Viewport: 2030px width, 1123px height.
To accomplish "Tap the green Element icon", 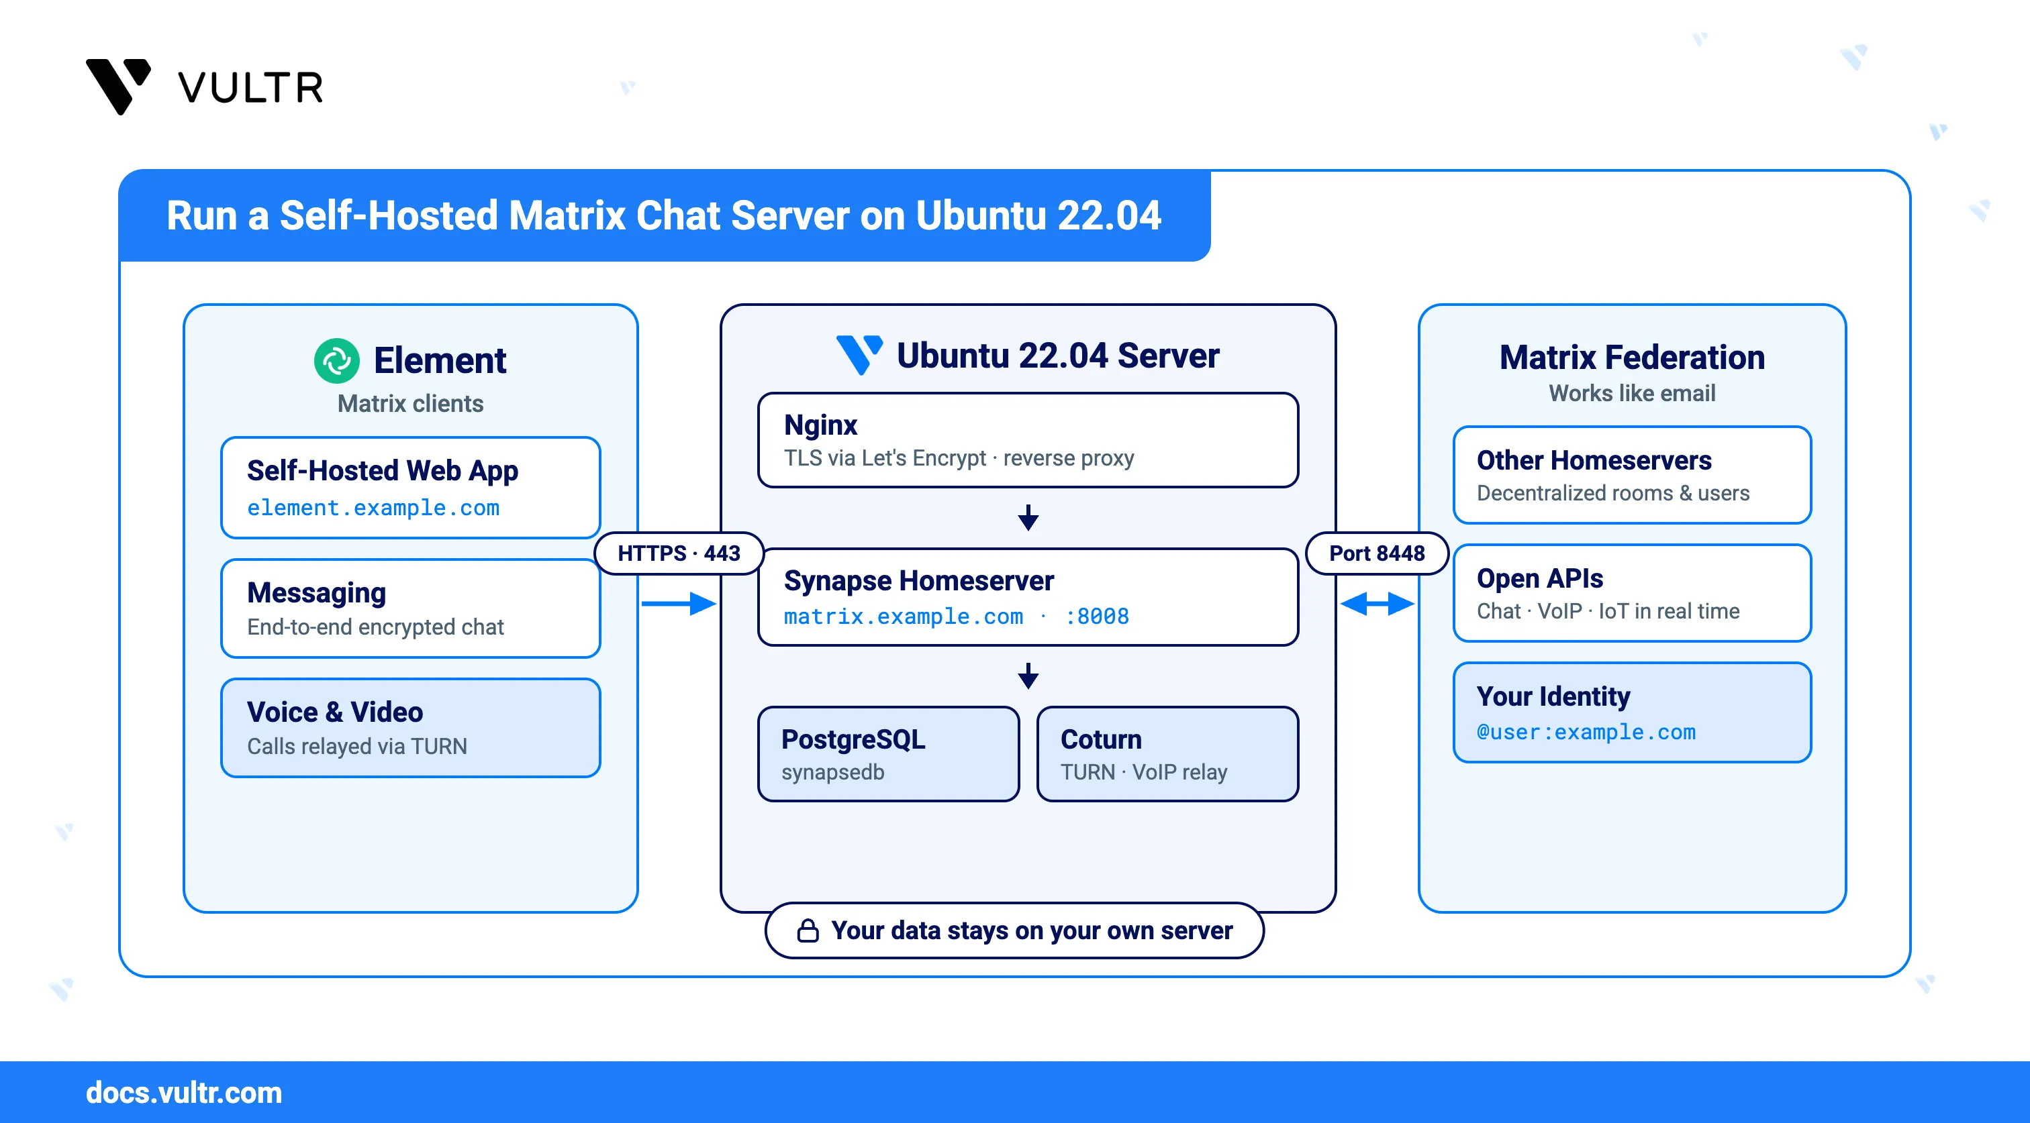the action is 336,361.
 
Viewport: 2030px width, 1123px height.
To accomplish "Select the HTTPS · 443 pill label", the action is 679,553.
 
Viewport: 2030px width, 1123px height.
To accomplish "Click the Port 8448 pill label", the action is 1377,553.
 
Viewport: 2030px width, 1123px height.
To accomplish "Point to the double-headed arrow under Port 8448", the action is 1377,604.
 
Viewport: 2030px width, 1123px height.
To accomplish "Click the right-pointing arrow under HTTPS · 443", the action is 679,604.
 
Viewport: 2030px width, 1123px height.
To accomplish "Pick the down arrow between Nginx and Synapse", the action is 1028,517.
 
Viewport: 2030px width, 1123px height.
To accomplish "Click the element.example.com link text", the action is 373,508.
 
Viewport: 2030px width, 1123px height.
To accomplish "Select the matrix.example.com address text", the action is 903,616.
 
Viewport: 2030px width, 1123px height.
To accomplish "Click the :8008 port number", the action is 1096,616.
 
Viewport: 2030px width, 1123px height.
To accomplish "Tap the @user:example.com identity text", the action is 1586,733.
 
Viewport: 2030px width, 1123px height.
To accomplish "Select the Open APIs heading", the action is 1539,578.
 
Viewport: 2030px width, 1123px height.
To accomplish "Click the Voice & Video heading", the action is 335,712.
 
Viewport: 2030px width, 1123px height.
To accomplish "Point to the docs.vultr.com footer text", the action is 184,1092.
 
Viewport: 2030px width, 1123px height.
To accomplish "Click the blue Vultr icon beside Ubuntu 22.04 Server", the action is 859,355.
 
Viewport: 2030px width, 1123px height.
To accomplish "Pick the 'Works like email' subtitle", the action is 1631,393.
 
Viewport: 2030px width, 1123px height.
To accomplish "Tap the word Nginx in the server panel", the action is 820,425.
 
